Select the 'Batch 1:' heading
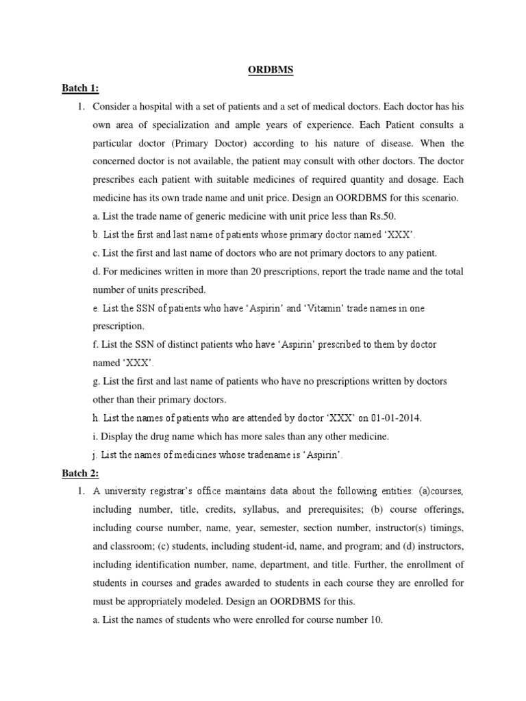tap(82, 88)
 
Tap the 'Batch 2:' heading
tap(82, 472)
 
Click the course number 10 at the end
tap(376, 620)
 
